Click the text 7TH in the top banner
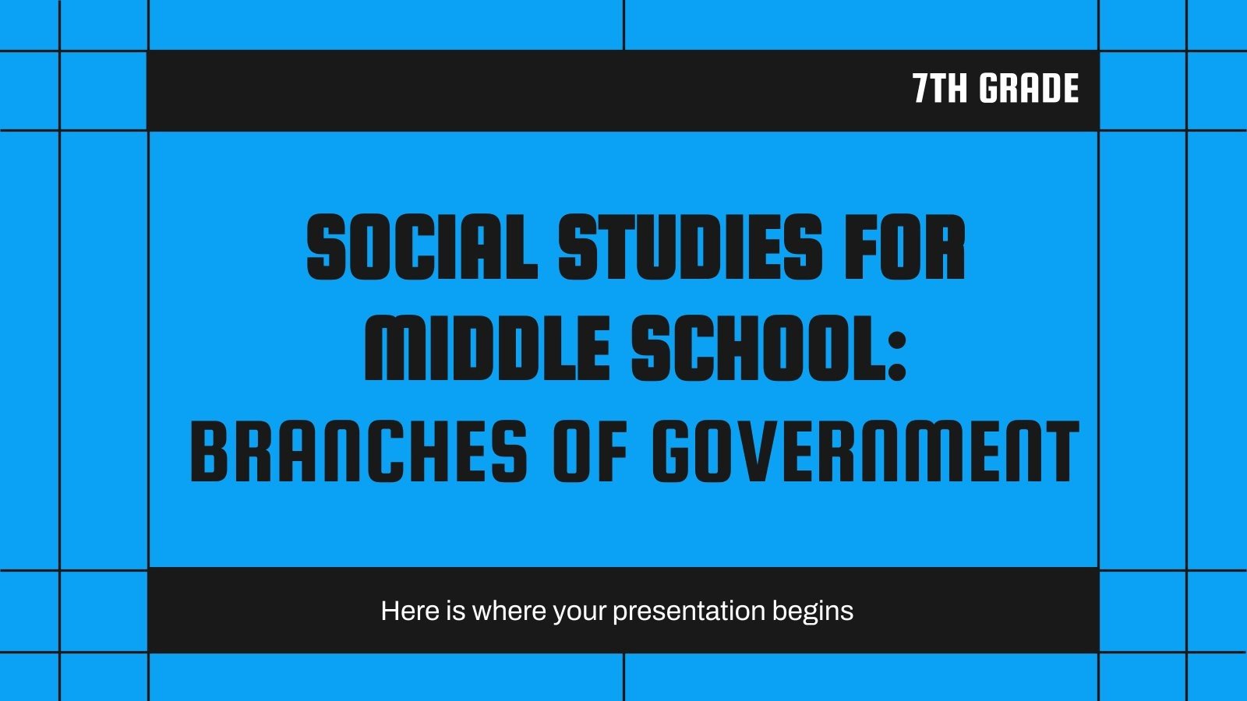pyautogui.click(x=941, y=89)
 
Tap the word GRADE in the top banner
pyautogui.click(x=1029, y=89)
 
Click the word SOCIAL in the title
pyautogui.click(x=422, y=248)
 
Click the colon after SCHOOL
pyautogui.click(x=896, y=354)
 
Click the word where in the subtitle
pyautogui.click(x=510, y=611)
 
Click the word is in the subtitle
pyautogui.click(x=455, y=611)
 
